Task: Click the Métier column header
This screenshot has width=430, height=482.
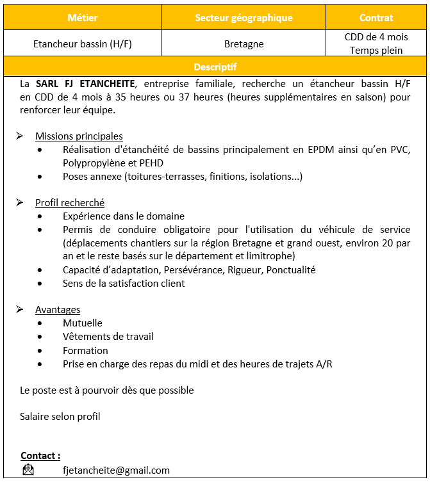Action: pyautogui.click(x=82, y=18)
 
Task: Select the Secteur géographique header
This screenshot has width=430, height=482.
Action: pyautogui.click(x=244, y=18)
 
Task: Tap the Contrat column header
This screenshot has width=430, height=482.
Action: pyautogui.click(x=376, y=18)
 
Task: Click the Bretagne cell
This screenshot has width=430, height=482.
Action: pyautogui.click(x=244, y=44)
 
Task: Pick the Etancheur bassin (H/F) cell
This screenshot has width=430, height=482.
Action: pyautogui.click(x=82, y=44)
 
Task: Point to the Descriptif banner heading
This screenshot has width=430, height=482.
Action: pyautogui.click(x=215, y=67)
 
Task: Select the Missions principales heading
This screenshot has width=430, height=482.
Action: pyautogui.click(x=79, y=136)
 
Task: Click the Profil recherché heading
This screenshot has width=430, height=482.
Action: pyautogui.click(x=70, y=203)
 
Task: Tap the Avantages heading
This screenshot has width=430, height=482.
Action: pyautogui.click(x=58, y=310)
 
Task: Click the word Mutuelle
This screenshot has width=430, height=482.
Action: pyautogui.click(x=82, y=323)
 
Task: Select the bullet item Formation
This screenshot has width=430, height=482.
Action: pyautogui.click(x=85, y=350)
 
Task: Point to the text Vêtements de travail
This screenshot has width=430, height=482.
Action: pyautogui.click(x=108, y=337)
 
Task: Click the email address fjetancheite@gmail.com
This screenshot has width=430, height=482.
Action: pyautogui.click(x=116, y=470)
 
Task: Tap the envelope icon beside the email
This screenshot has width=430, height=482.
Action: pyautogui.click(x=28, y=470)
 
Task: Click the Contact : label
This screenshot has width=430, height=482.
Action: pyautogui.click(x=40, y=456)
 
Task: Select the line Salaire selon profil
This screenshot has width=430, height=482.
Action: pyautogui.click(x=60, y=417)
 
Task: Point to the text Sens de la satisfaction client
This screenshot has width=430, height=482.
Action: pyautogui.click(x=124, y=283)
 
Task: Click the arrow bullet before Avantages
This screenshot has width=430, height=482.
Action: pyautogui.click(x=20, y=310)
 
